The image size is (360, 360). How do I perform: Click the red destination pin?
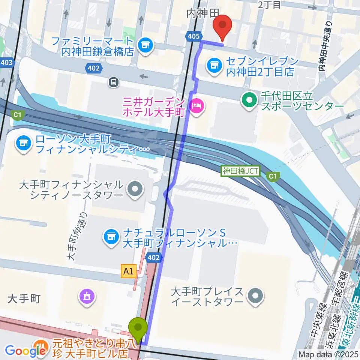pos(222,25)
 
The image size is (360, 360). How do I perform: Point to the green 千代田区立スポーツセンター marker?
pos(249,100)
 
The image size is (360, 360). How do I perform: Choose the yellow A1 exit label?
pos(128,271)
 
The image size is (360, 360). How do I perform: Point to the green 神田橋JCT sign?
pos(240,171)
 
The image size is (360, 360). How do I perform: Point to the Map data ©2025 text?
pos(328,354)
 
